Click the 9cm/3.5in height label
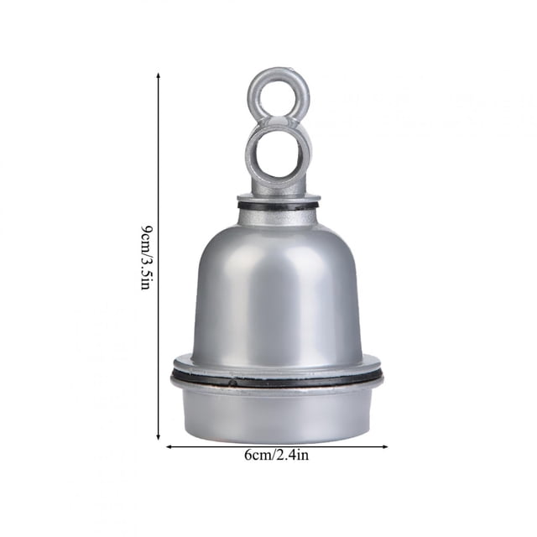147,258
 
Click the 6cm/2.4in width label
276,455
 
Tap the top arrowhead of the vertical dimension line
159,76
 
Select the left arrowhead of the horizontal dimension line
169,446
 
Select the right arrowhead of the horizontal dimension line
385,446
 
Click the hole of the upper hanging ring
279,96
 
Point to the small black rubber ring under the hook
279,206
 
